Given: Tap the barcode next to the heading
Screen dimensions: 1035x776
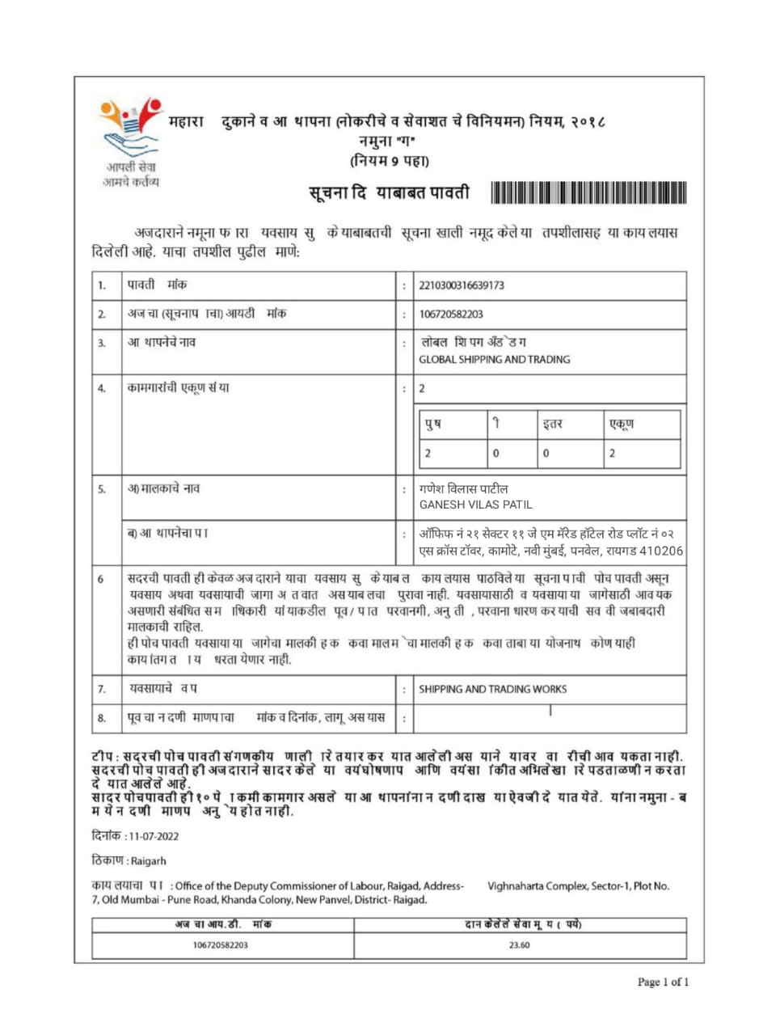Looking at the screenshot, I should (588, 193).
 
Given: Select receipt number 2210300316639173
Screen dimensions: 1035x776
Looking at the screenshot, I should (462, 285).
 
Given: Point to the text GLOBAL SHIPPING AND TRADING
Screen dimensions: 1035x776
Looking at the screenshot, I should (494, 360).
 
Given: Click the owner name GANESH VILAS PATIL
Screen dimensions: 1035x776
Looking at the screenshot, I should (475, 505).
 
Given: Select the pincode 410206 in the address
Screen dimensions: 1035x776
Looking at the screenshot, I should (661, 551).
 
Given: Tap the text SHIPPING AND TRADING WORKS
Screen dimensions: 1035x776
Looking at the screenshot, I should (492, 690).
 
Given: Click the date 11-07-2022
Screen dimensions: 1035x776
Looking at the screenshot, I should (154, 837).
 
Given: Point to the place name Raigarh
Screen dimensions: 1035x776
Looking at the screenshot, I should (148, 861).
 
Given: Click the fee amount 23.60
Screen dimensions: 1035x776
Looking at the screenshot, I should (519, 945).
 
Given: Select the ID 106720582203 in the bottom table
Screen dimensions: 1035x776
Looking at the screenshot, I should (221, 945).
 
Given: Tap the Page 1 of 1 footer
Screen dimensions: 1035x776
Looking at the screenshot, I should (663, 982).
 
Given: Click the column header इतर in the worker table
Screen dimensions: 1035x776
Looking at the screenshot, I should (553, 424).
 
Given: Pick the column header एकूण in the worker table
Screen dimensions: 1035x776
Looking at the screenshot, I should (621, 424).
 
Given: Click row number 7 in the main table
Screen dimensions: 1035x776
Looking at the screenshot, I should (102, 690).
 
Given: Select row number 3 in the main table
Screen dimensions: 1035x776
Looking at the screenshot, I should (102, 344).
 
